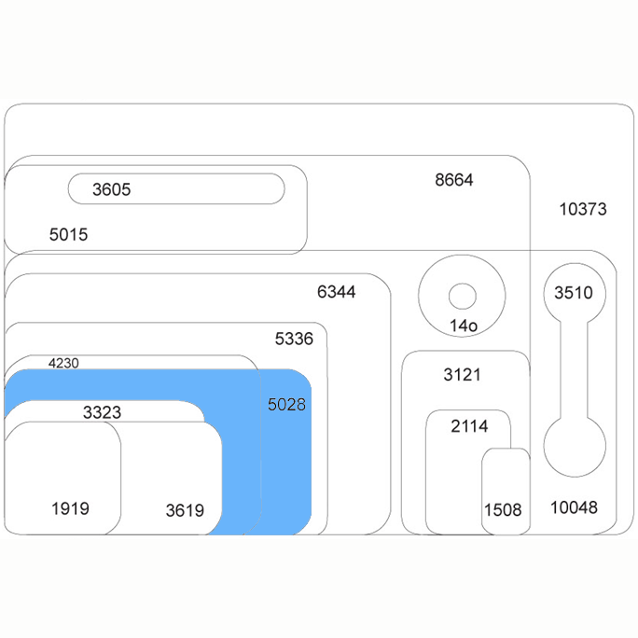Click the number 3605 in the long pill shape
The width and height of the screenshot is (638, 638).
coord(112,189)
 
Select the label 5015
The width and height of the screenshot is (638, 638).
coord(68,235)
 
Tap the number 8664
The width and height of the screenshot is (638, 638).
coord(454,180)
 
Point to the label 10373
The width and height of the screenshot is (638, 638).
coord(583,209)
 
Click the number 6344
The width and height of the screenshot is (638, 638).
coord(337,292)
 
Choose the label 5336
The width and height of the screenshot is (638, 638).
coord(294,339)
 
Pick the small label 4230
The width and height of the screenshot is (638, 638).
coord(63,363)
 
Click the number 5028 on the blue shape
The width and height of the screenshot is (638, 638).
coord(287,405)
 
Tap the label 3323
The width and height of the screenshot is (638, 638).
coord(102,412)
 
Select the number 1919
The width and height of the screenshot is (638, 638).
coord(70,508)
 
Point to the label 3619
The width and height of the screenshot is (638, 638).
coord(185,510)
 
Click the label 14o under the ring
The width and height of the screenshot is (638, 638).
coord(464,326)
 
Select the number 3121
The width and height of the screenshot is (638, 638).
coord(463,375)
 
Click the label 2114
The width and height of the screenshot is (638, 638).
coord(469,426)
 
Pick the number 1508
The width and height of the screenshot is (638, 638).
coord(503,510)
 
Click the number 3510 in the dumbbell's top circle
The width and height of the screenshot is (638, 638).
coord(574,293)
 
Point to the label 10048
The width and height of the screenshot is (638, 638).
coord(575,507)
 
